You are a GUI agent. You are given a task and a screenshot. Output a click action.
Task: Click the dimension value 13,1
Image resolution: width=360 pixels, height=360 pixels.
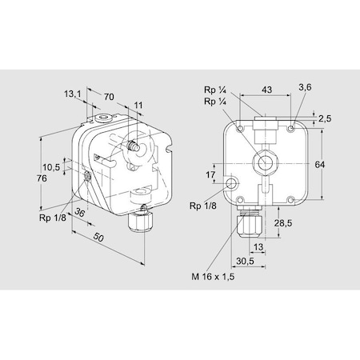click(x=73, y=94)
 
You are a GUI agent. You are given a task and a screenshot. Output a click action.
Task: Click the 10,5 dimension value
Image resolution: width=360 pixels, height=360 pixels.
click(x=51, y=167)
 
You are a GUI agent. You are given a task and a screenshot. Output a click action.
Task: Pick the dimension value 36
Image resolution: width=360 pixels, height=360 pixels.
click(x=80, y=213)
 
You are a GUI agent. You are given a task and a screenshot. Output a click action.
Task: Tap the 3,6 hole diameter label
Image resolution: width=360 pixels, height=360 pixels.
click(x=303, y=85)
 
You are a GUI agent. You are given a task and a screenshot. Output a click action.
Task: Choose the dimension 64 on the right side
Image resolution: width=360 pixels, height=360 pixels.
click(x=319, y=164)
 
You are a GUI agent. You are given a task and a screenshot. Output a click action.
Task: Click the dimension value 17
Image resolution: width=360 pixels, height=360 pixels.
click(x=211, y=174)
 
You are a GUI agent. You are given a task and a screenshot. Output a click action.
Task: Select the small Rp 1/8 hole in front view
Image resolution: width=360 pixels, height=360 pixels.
click(x=232, y=184)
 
